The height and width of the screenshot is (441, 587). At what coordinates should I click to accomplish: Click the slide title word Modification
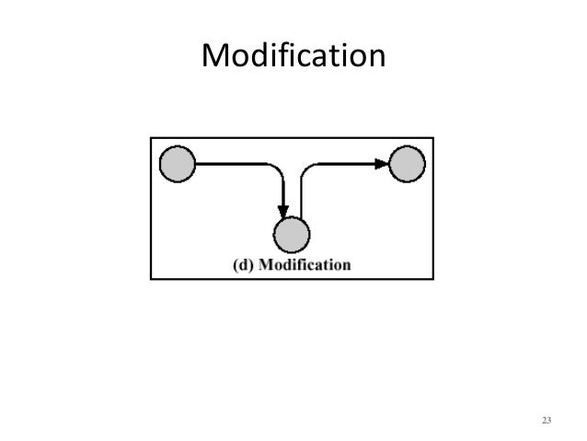click(x=292, y=57)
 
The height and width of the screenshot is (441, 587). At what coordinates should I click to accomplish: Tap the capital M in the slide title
click(x=214, y=58)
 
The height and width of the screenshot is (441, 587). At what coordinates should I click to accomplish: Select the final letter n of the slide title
click(x=374, y=61)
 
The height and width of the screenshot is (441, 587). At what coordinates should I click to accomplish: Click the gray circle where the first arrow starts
click(x=178, y=165)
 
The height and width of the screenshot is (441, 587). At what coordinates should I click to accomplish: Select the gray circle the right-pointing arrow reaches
click(x=407, y=165)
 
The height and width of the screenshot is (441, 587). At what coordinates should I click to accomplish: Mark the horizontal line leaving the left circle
click(x=230, y=165)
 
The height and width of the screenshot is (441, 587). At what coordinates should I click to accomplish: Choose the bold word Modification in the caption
click(x=305, y=264)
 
